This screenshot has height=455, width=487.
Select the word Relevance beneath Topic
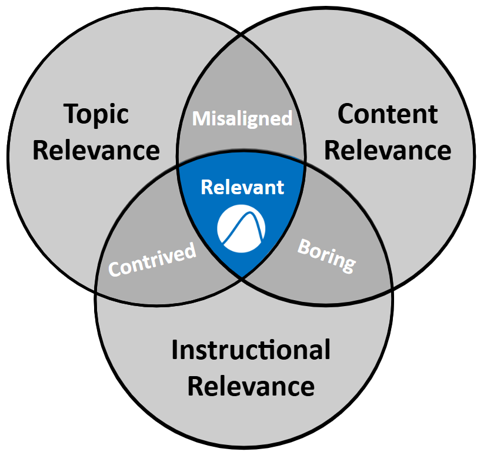point(96,150)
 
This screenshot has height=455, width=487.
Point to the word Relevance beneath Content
point(388,150)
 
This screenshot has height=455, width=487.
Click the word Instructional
point(251,350)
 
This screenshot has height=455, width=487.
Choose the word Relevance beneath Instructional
point(251,387)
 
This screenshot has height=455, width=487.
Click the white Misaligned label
point(243,118)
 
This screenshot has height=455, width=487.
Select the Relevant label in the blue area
point(242,187)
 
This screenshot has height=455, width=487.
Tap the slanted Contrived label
point(152,260)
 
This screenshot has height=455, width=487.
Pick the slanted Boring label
point(327,255)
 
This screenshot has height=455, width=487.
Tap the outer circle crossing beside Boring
point(391,290)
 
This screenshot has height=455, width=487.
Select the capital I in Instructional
point(175,350)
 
